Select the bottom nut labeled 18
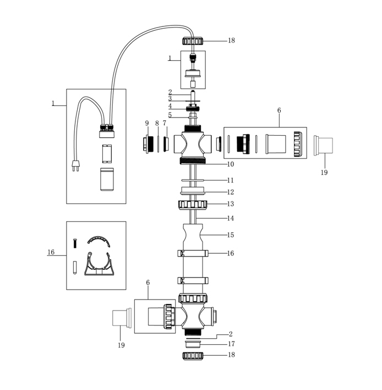click(193, 355)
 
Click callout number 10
click(230, 164)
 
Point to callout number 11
click(230, 180)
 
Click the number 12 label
click(230, 192)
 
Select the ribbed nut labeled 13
click(193, 205)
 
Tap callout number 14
click(230, 218)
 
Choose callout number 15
click(230, 235)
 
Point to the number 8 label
click(157, 123)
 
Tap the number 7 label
click(165, 123)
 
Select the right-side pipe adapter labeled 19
click(324, 145)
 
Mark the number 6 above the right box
click(279, 110)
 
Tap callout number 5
click(170, 115)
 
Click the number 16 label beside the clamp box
click(51, 253)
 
